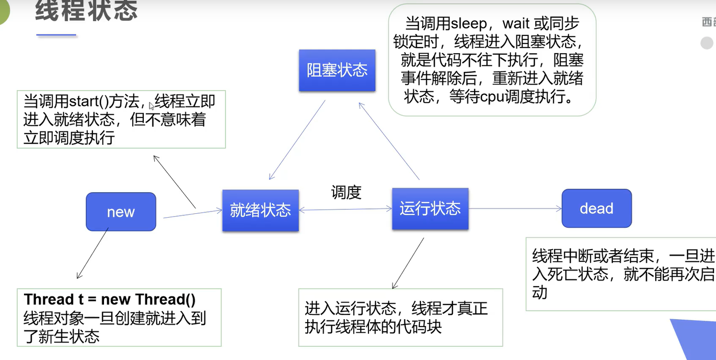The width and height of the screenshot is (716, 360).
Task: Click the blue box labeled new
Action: point(121,212)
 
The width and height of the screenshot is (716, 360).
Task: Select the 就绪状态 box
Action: point(260,210)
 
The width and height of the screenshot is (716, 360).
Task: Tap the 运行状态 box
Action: point(430,209)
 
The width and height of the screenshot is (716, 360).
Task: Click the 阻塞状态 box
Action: point(337,70)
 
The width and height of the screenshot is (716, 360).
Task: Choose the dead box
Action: point(596,209)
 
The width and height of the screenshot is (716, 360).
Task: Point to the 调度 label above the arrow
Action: point(346,192)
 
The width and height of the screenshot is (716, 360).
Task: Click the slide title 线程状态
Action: point(86,11)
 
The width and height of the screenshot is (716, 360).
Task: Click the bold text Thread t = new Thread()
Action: point(110,300)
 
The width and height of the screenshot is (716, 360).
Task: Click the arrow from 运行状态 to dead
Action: point(515,209)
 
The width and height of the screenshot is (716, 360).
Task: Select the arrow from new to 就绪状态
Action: point(192,214)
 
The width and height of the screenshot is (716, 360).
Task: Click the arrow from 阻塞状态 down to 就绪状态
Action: point(297,139)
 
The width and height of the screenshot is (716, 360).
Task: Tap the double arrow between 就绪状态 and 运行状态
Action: point(345,209)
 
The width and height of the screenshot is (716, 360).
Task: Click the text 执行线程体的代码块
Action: point(373,327)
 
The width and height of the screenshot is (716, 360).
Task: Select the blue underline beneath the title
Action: point(56,35)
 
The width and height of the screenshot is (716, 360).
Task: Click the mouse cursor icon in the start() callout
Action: point(151,105)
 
